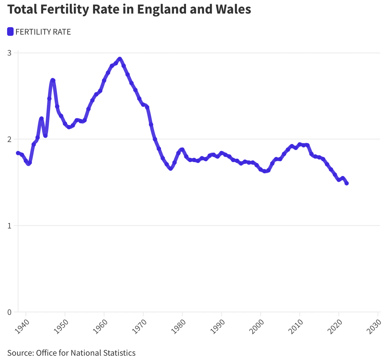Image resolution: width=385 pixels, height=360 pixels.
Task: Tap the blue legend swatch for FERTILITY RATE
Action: coord(11,32)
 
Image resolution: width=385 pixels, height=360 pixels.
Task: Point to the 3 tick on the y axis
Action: coord(9,53)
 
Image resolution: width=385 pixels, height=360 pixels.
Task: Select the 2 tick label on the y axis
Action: coord(9,139)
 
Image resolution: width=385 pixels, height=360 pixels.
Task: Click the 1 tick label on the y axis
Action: coord(9,226)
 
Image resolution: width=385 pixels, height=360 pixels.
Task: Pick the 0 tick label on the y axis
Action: coord(9,312)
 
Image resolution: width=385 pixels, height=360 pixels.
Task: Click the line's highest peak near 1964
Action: coord(120,59)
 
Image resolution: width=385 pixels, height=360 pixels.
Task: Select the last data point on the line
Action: coord(347,183)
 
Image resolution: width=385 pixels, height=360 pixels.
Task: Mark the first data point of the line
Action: coord(18,153)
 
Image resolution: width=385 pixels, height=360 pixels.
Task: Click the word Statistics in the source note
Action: coord(119,353)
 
